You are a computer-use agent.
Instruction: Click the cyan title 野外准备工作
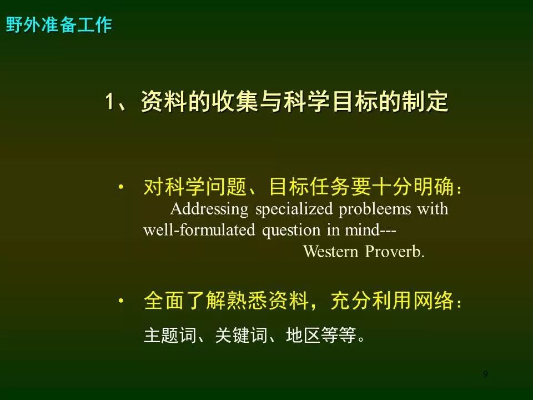click(59, 25)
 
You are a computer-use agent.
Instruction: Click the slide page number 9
click(485, 374)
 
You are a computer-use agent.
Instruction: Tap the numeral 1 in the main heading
click(109, 101)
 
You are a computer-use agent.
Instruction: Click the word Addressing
click(209, 209)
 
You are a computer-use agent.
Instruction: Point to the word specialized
click(294, 209)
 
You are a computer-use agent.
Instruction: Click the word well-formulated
click(199, 230)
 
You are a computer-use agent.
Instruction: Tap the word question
click(291, 231)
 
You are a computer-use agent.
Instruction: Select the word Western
click(331, 252)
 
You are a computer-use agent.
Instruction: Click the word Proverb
click(395, 252)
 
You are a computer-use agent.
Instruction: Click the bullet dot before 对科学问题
click(120, 187)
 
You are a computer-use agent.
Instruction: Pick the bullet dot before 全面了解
click(120, 301)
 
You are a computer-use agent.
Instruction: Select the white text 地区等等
click(321, 335)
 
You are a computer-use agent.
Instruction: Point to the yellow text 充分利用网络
click(393, 301)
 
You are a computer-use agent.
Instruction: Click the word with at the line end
click(433, 209)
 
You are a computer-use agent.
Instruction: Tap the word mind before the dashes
click(362, 230)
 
